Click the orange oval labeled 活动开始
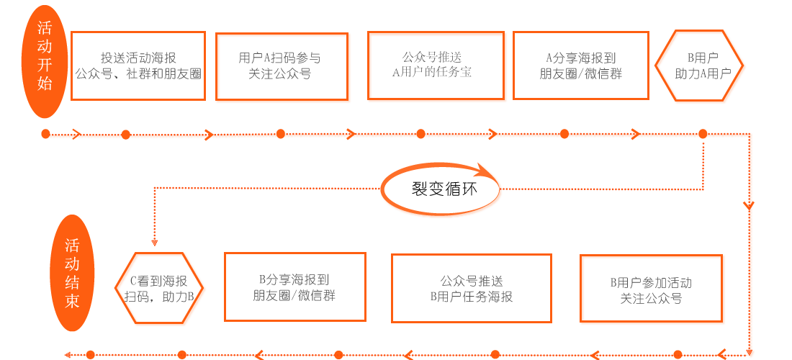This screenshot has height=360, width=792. pos(45,62)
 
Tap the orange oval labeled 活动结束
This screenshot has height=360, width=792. pos(72,273)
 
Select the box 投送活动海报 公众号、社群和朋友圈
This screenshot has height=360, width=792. pos(138,66)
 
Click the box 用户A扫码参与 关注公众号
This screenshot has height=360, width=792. pos(282,67)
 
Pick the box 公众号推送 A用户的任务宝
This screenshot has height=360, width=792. pos(436,66)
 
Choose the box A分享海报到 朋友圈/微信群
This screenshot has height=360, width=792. pos(581,66)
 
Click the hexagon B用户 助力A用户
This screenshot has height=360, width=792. pos(699,66)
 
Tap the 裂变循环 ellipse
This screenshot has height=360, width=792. pos(440,189)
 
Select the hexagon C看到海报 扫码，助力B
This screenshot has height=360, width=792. pos(158,287)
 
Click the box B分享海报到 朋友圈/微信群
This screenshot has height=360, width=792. pos(295,287)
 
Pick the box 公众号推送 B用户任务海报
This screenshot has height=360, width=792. pos(472,288)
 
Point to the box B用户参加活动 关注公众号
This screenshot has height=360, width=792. pos(651,288)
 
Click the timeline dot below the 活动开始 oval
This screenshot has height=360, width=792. pos(45,134)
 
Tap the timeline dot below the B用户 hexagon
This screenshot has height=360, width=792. pos(703,134)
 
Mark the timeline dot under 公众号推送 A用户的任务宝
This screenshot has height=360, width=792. pos(420,134)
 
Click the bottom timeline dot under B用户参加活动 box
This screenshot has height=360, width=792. pos(678,354)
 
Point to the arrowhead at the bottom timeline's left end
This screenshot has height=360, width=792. pos(68,354)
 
